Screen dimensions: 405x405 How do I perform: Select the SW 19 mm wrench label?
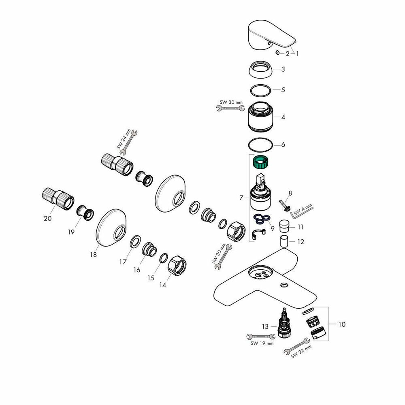[261, 343]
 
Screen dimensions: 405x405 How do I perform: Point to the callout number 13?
[265, 326]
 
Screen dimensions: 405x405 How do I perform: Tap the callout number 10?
[342, 324]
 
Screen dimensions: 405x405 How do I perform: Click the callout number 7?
[241, 198]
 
